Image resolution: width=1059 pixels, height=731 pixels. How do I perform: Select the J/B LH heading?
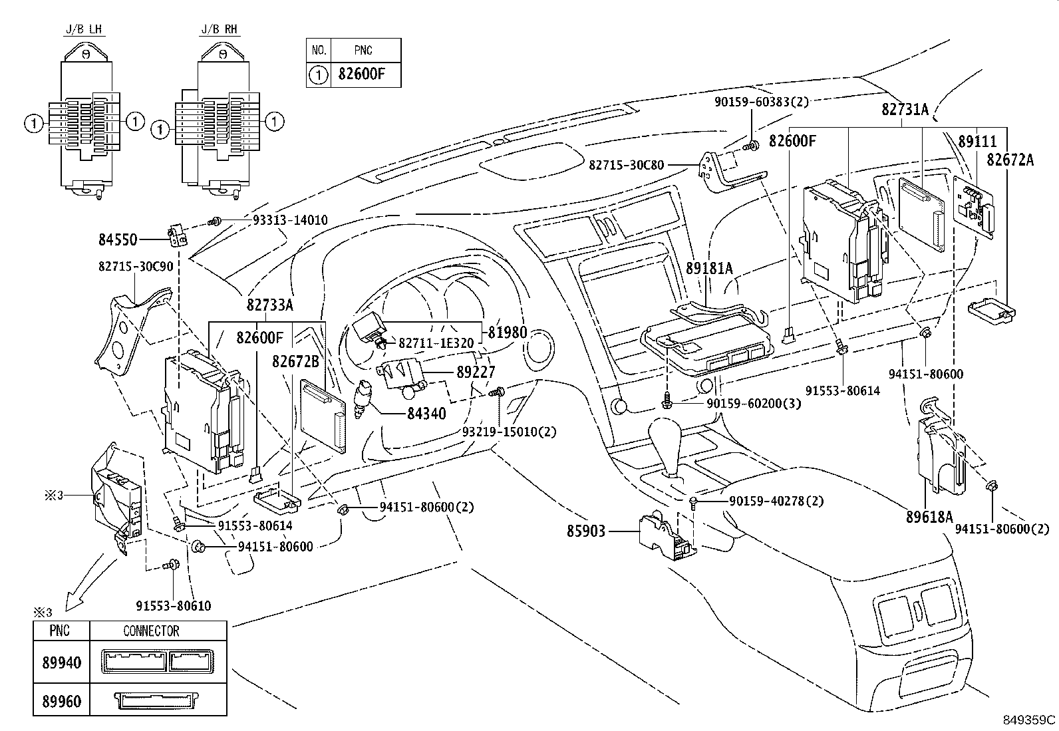point(84,30)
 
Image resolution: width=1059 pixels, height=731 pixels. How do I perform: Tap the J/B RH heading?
point(220,30)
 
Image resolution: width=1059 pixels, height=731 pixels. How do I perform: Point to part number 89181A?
point(709,268)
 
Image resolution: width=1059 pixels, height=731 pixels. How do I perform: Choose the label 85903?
point(586,531)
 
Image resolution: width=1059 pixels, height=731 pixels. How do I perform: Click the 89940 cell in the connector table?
point(61,662)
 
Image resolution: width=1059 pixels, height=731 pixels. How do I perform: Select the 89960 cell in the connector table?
point(61,702)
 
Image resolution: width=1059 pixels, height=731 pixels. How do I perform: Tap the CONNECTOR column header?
point(151,631)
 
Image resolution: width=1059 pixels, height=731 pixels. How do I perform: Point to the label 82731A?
point(905,110)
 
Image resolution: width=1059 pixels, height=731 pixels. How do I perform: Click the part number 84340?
point(426,414)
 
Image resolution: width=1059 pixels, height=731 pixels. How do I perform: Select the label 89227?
point(476,373)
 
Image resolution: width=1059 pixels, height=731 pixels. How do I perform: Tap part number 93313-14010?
point(290,220)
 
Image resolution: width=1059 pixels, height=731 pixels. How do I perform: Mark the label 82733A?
point(269,305)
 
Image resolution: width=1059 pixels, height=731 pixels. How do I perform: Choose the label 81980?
point(507,333)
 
